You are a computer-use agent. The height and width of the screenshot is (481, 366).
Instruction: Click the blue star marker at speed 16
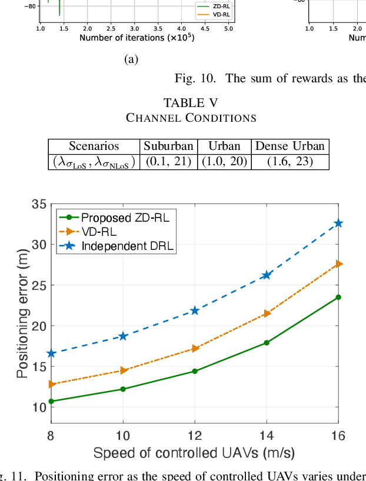[x=338, y=223]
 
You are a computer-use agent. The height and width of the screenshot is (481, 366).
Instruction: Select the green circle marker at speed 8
[x=51, y=401]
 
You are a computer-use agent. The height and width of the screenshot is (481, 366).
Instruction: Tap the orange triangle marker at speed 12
[x=195, y=349]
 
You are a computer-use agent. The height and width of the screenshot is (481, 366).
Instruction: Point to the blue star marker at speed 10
[x=123, y=336]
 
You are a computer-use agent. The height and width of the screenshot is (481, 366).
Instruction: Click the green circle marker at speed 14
[x=267, y=342]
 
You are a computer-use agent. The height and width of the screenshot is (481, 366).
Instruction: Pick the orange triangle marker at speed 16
[x=338, y=264]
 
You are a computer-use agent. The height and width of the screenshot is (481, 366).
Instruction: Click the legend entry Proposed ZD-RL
[x=125, y=218]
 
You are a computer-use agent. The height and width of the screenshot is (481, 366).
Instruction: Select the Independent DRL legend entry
[x=128, y=246]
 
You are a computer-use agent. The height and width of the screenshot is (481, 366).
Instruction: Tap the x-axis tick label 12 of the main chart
[x=195, y=436]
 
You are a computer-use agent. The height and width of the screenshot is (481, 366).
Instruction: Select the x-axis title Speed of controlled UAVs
[x=194, y=453]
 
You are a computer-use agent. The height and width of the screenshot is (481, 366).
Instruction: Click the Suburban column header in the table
[x=168, y=146]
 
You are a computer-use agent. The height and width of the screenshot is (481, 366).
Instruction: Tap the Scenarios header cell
[x=94, y=146]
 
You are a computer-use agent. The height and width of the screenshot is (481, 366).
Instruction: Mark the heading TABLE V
[x=191, y=103]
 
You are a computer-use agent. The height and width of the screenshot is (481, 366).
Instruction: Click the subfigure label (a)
[x=131, y=59]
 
